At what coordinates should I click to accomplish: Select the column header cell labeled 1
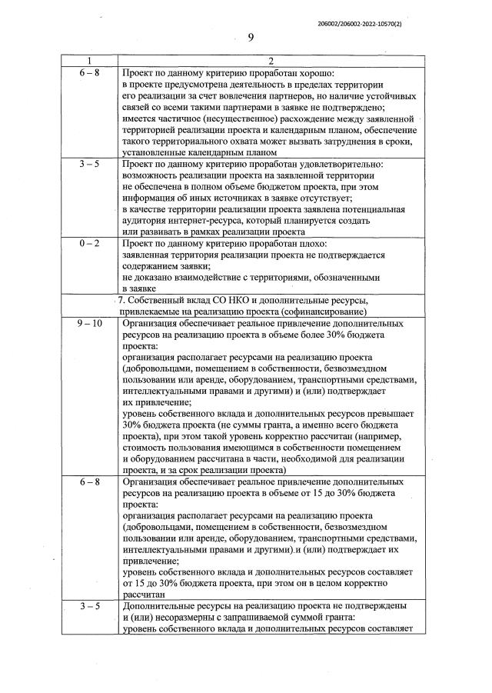(x=89, y=62)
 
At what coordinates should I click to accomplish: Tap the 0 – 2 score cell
(x=89, y=244)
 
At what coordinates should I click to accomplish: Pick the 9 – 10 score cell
(x=89, y=325)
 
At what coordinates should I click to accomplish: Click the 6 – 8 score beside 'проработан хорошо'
(x=89, y=72)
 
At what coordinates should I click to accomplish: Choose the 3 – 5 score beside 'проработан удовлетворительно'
(x=89, y=164)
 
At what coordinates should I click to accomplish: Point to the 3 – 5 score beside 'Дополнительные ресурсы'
(x=89, y=607)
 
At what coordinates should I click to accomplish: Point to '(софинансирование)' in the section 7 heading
(x=316, y=312)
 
